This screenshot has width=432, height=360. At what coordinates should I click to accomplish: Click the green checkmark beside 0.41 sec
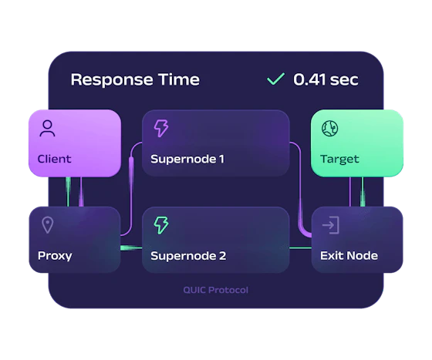[275, 79]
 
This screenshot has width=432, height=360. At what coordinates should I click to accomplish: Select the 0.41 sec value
[326, 79]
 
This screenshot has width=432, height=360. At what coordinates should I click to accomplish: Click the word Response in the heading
[112, 80]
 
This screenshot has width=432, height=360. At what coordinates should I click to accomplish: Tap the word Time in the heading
[179, 79]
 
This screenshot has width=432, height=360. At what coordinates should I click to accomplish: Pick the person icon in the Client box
[47, 128]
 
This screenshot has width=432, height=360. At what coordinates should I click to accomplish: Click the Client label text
[54, 159]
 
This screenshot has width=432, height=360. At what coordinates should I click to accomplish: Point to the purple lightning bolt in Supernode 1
[161, 128]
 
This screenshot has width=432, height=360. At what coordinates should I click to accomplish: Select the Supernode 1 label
[187, 159]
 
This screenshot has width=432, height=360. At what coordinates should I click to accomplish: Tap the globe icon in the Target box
[330, 128]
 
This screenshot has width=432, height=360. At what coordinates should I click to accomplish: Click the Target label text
[339, 159]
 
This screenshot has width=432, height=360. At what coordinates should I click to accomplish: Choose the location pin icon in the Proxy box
[47, 225]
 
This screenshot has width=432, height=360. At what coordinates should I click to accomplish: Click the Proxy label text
[55, 256]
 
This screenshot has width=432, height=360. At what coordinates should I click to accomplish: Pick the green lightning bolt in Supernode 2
[161, 225]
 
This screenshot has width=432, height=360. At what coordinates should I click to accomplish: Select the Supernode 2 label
[188, 256]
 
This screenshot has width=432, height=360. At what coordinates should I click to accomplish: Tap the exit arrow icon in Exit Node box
[331, 225]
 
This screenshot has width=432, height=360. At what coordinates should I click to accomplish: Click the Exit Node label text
[349, 256]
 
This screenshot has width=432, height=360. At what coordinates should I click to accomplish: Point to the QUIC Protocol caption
[216, 290]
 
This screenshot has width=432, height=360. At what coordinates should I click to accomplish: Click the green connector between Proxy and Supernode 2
[131, 248]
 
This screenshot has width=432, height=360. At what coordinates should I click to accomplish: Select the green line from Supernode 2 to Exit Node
[301, 248]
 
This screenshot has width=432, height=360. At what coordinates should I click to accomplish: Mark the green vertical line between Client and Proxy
[68, 192]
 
